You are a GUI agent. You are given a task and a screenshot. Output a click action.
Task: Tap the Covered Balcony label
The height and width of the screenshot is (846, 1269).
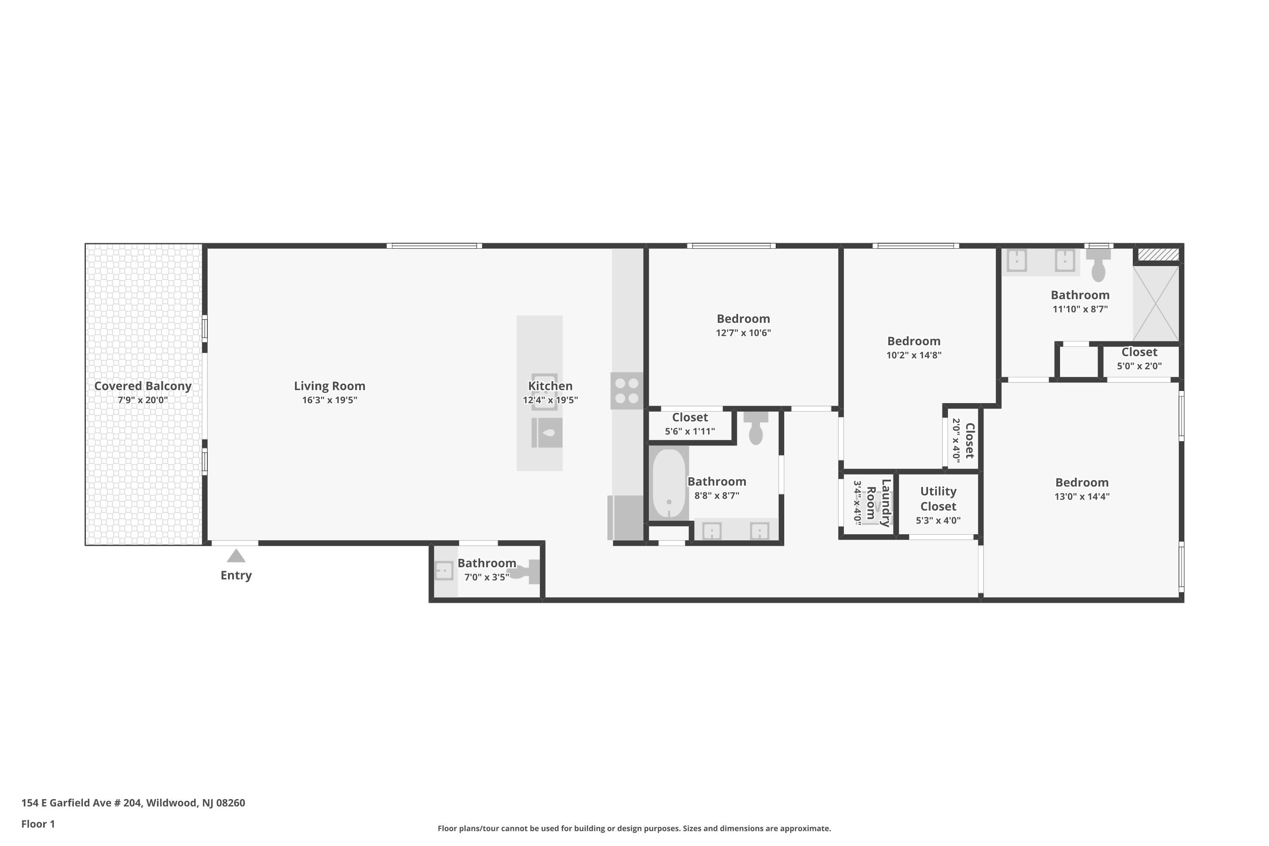[x=143, y=386]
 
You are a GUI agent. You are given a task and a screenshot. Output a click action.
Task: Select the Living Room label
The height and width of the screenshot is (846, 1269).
[x=330, y=386]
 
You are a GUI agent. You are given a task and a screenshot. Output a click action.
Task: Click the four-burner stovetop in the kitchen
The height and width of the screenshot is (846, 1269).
[x=627, y=390]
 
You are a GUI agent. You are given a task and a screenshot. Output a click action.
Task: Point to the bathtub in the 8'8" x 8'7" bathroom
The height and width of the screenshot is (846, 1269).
[x=669, y=483]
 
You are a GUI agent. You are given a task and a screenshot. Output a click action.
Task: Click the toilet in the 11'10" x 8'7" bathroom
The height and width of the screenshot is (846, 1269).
[x=1098, y=265]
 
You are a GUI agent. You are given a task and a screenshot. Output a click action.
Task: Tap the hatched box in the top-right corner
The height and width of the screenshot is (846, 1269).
[x=1158, y=254]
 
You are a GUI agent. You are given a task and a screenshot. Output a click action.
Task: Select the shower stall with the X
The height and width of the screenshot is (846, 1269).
[x=1156, y=303]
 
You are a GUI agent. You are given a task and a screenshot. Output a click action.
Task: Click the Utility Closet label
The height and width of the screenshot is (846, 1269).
[x=938, y=499]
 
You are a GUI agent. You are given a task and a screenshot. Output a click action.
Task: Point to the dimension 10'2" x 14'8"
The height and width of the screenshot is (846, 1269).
[x=914, y=355]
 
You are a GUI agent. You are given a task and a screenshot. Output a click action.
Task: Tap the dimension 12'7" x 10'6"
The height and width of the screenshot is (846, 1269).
[x=744, y=332]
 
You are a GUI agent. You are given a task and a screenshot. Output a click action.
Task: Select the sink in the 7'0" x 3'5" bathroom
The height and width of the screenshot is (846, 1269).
[x=444, y=570]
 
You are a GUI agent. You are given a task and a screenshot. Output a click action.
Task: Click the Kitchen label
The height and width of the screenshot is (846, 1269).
[x=550, y=386]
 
